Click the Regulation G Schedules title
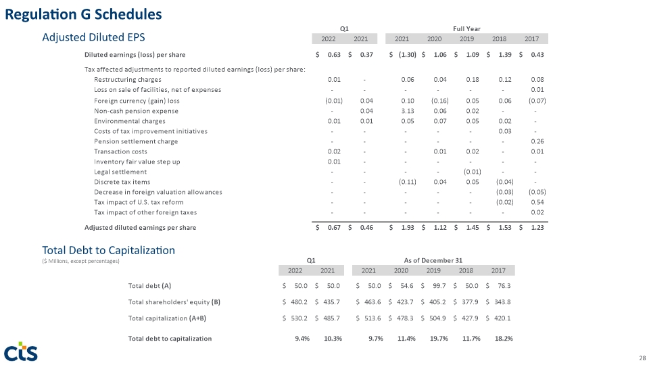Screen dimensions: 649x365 [83, 14]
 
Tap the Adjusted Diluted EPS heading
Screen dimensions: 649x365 [93, 37]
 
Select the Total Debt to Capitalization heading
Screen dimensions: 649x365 [108, 250]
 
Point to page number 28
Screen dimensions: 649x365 [642, 358]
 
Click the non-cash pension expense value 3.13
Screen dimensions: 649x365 [408, 111]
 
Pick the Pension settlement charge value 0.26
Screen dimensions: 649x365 [537, 141]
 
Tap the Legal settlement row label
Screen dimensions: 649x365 [120, 172]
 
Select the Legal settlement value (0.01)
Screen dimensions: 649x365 [473, 172]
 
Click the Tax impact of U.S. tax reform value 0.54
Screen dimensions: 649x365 [537, 202]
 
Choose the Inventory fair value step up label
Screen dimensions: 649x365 [137, 162]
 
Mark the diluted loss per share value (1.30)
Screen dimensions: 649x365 [407, 55]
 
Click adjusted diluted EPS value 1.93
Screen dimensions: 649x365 [408, 228]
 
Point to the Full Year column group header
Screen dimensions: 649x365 [466, 28]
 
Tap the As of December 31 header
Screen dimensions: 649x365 [433, 260]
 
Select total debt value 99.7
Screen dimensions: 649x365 [439, 286]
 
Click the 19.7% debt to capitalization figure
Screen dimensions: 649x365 [439, 339]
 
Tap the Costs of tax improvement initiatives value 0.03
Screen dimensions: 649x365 [505, 131]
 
